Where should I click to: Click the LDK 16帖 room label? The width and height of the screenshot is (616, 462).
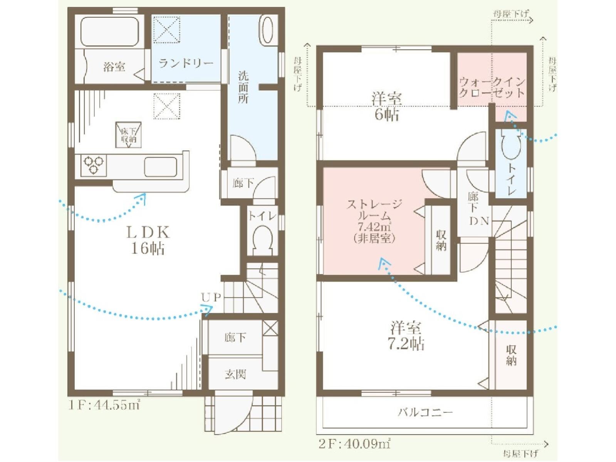pos(148,240)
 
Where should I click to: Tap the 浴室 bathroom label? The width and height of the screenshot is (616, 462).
pos(114,67)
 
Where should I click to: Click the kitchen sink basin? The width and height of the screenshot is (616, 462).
pos(161,167)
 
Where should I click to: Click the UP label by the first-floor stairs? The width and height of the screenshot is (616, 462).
pos(211,297)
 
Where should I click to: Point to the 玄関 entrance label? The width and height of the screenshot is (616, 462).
pos(235,374)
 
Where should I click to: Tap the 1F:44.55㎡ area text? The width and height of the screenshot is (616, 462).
pos(104,405)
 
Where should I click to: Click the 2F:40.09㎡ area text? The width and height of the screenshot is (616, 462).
pos(354,444)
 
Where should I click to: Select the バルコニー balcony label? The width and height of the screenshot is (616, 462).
pos(425,413)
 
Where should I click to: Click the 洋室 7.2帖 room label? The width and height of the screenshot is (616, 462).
pos(406,336)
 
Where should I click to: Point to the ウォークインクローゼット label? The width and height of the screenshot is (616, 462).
pos(492,87)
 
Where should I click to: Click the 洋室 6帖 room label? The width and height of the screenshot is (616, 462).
pos(386,106)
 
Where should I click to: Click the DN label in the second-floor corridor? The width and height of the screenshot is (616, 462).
pos(479,221)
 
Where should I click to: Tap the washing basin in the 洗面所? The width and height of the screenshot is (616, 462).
pos(267,29)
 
